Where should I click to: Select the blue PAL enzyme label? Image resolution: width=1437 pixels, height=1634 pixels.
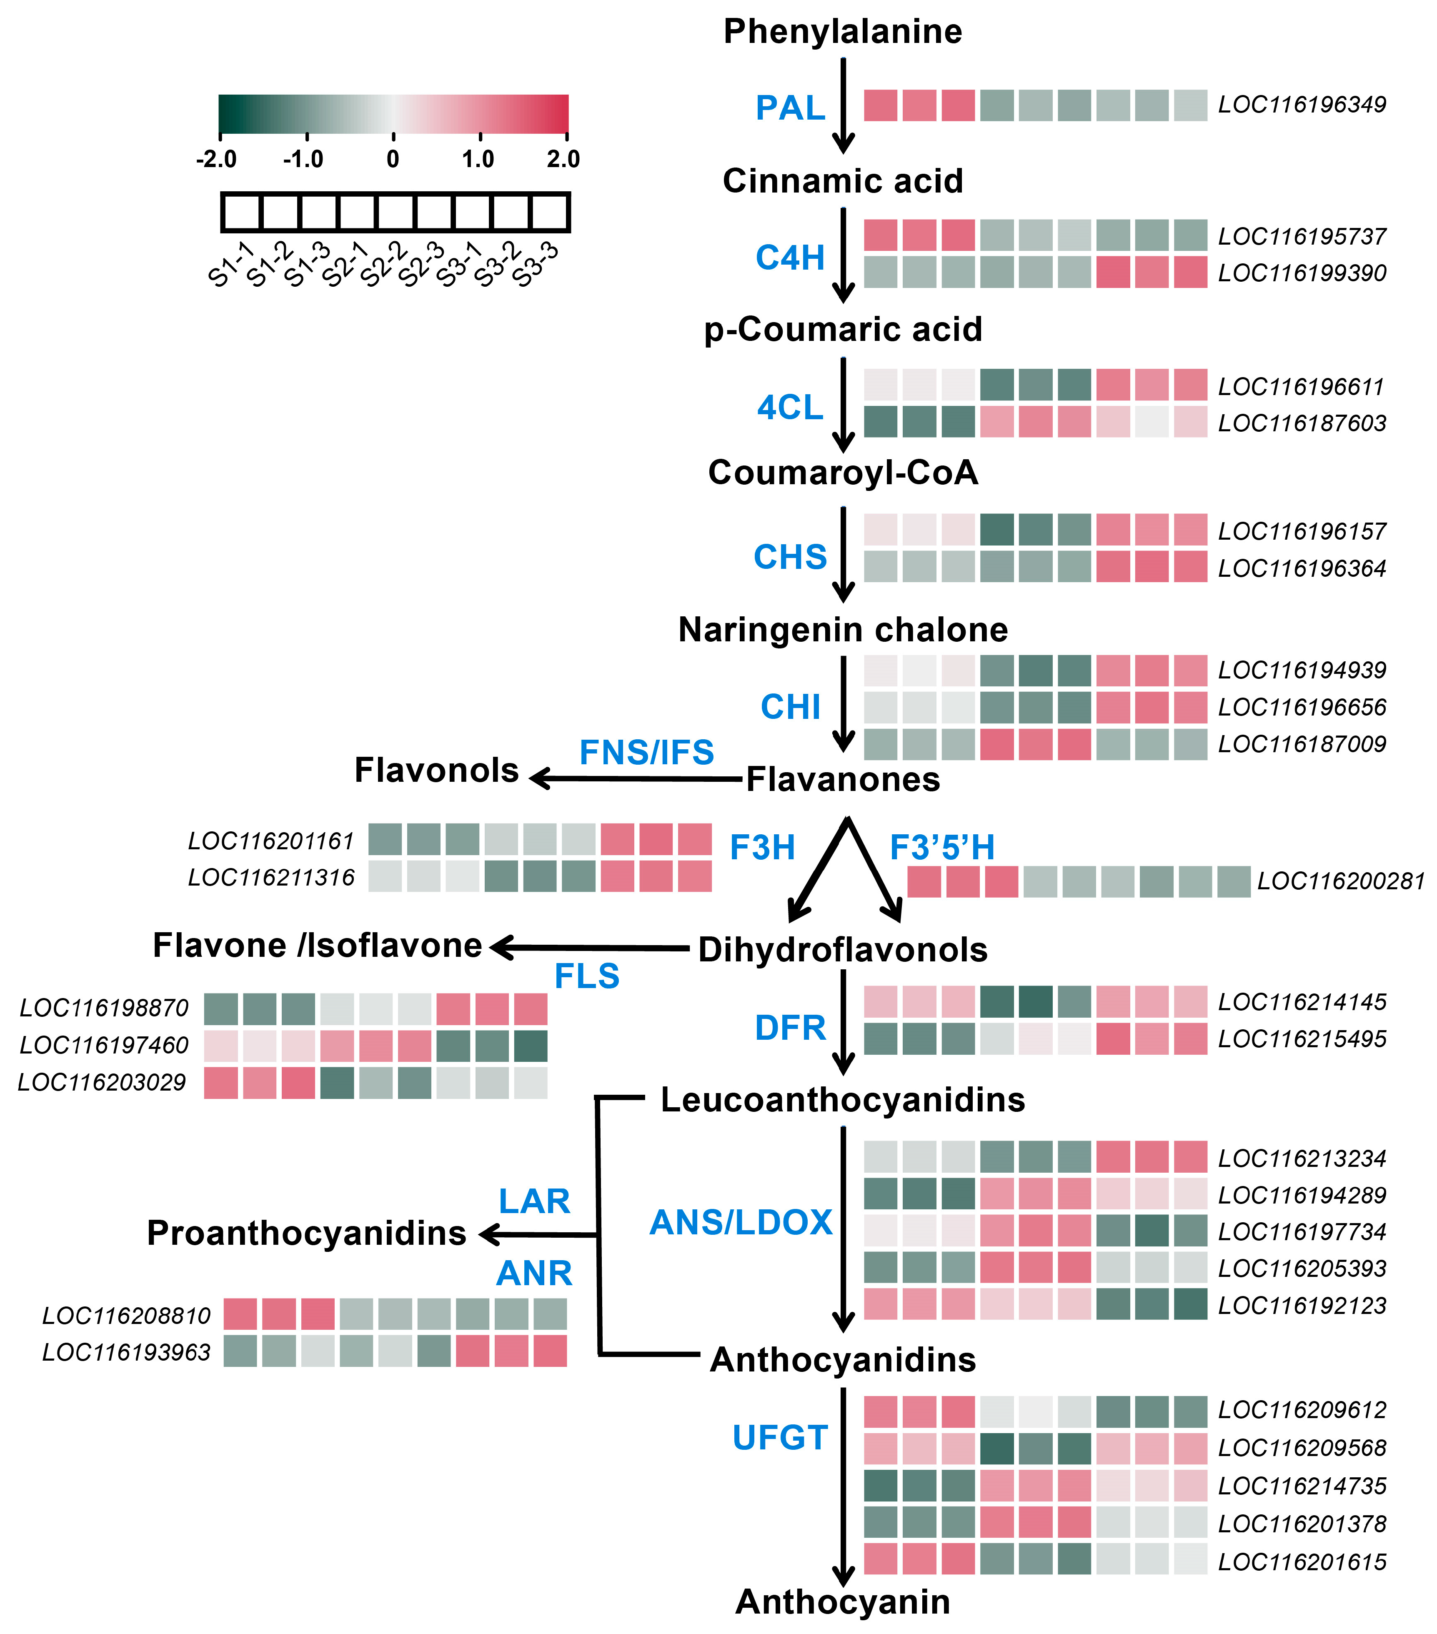(790, 108)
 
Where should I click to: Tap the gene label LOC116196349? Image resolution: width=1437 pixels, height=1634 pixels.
(1302, 105)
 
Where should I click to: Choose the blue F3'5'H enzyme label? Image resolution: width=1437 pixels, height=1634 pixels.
(942, 847)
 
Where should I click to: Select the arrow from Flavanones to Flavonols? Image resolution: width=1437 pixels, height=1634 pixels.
(636, 778)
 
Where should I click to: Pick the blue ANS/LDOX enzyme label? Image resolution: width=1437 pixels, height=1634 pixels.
(741, 1223)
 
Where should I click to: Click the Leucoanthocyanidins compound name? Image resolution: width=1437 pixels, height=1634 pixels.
(843, 1100)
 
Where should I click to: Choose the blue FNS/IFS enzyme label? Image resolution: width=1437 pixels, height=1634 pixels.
(646, 752)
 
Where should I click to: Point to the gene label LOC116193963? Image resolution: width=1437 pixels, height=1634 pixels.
(126, 1353)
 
